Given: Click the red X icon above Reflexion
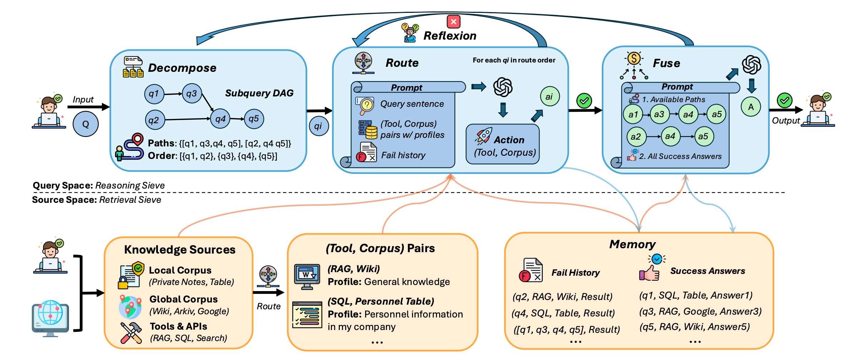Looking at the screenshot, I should [453, 22].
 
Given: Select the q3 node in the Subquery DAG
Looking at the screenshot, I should [192, 94].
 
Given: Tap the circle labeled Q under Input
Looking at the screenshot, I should [86, 124].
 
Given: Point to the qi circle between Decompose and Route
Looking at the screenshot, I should [318, 126].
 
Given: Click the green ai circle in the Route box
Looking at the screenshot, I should [550, 96].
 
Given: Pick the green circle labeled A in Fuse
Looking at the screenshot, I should [751, 107].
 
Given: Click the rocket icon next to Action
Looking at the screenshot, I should [484, 136].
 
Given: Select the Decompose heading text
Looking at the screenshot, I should [182, 68].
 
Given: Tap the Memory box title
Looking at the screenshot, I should [632, 244].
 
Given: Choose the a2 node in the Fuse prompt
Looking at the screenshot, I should [636, 136].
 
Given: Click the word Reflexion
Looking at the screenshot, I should [450, 36].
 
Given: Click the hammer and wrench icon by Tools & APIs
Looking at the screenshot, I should [131, 333].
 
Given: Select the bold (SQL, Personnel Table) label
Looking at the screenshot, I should [381, 301].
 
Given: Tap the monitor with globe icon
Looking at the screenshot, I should [50, 318].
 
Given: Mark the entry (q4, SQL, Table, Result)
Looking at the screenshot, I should [563, 313].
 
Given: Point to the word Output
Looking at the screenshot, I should [786, 121].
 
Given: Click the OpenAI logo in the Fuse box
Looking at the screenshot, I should [751, 65].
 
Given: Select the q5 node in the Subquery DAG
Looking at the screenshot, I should [254, 119].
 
